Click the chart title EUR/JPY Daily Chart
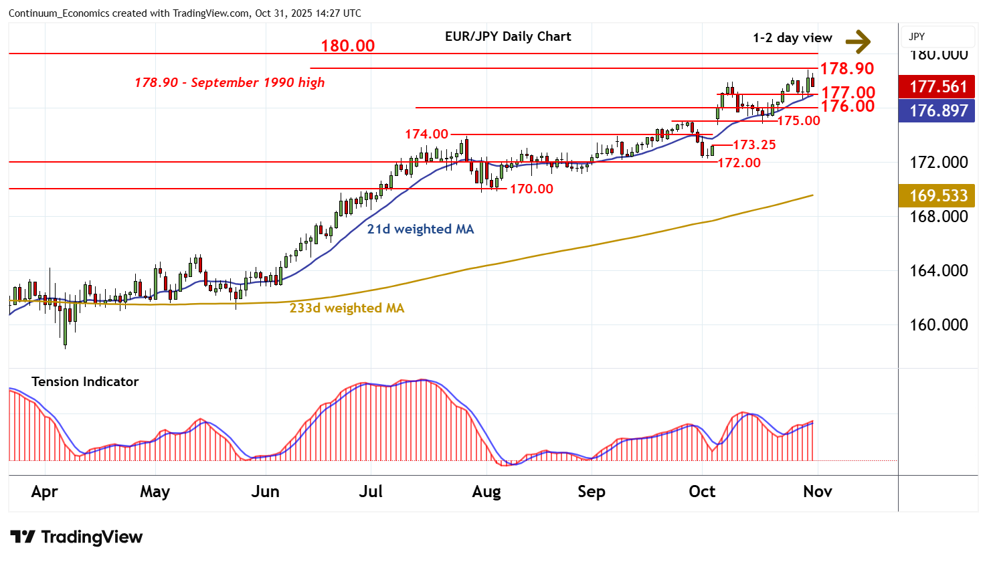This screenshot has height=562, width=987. click(x=508, y=37)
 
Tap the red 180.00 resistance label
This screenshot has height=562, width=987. click(x=347, y=46)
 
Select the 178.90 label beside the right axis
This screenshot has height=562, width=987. click(x=846, y=68)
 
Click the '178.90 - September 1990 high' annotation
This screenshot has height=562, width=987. click(x=230, y=82)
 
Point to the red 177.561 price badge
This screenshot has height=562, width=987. click(x=938, y=86)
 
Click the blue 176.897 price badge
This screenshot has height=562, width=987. click(x=938, y=110)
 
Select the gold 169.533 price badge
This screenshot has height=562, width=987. click(x=938, y=195)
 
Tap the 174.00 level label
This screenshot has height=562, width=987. click(x=426, y=134)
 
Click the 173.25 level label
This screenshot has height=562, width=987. click(x=754, y=145)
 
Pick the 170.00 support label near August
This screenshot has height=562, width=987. click(x=531, y=189)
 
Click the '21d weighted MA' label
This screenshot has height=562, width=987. click(x=420, y=229)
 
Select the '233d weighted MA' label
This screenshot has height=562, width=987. click(x=347, y=308)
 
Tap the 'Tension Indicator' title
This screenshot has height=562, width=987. click(x=85, y=381)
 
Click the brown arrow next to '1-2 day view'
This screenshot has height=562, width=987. click(x=858, y=41)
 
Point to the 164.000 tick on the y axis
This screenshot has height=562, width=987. click(x=938, y=270)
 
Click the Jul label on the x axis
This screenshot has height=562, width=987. click(x=371, y=492)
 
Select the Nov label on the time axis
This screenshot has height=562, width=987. click(x=817, y=492)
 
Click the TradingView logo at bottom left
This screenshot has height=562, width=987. click(x=76, y=537)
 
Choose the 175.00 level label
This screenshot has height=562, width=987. click(x=798, y=120)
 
